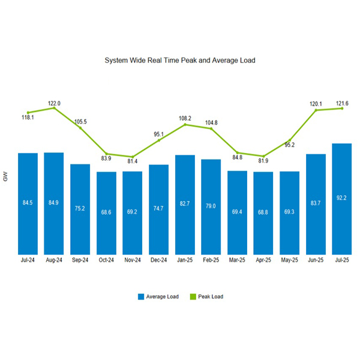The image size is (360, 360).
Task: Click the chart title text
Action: (x=180, y=61)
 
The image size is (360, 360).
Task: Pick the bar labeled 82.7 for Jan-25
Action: (x=185, y=204)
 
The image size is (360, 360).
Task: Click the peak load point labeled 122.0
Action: (x=55, y=108)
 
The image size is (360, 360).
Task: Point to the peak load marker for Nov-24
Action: (x=133, y=157)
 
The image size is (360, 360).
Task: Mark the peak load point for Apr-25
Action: (x=263, y=156)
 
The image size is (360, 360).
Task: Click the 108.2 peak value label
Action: (x=185, y=118)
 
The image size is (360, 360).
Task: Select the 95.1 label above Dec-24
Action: (x=158, y=134)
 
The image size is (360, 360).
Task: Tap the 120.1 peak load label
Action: (x=316, y=104)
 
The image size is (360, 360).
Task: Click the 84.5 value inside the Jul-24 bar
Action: (x=28, y=203)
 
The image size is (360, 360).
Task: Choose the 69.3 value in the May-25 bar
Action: (x=289, y=212)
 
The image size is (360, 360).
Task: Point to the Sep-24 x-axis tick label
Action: (x=80, y=262)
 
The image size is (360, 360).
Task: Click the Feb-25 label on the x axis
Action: (x=211, y=262)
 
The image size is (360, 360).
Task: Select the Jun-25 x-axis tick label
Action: (x=316, y=262)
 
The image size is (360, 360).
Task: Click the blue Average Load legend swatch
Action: (x=142, y=296)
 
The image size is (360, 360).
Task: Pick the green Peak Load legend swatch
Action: (x=193, y=296)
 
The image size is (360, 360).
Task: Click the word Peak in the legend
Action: (x=205, y=296)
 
